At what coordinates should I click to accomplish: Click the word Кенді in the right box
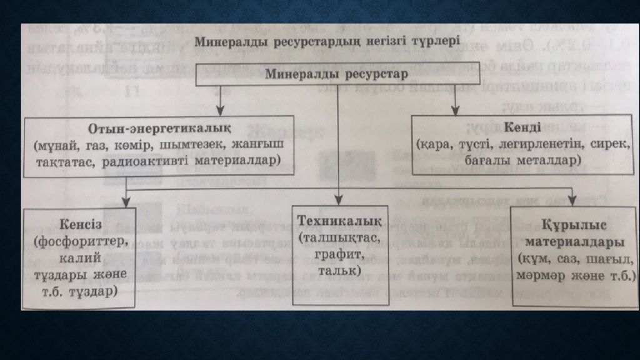click(x=522, y=127)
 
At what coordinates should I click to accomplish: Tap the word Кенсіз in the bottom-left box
click(x=81, y=224)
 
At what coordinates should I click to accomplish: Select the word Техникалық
click(x=339, y=221)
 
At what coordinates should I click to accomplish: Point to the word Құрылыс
click(x=574, y=225)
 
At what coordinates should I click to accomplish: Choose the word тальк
click(x=339, y=270)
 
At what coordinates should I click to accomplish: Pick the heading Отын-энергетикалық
click(x=159, y=129)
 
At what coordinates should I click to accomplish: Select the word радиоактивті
click(x=145, y=161)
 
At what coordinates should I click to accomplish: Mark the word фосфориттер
click(x=81, y=241)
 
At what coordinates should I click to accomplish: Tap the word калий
click(x=80, y=257)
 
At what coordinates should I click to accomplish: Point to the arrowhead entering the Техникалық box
click(x=338, y=199)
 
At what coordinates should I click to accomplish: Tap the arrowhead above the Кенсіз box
click(x=126, y=202)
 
